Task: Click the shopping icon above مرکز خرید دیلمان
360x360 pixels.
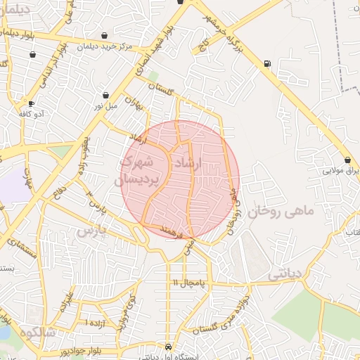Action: coord(105,36)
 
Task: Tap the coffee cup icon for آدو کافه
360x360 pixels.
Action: coord(32,103)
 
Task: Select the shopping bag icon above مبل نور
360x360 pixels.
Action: coord(105,95)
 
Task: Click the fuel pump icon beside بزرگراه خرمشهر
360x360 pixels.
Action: coord(266,64)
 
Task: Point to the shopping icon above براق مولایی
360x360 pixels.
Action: coord(347,160)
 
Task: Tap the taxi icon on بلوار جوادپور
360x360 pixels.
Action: coord(168,347)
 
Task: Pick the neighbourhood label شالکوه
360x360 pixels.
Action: coord(37,331)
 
